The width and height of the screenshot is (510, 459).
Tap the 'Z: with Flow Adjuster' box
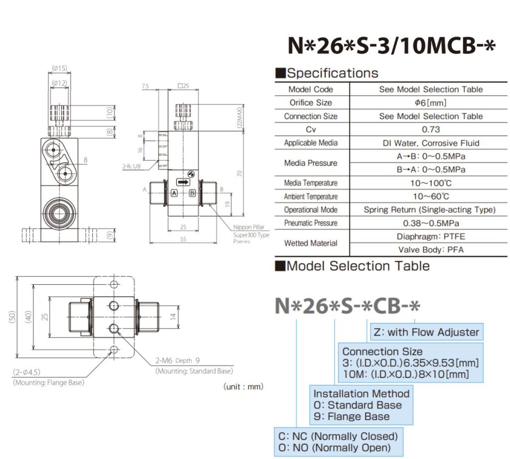click(x=426, y=332)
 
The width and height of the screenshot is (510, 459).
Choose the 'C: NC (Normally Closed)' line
click(x=338, y=436)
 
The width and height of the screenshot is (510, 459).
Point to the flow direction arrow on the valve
click(x=183, y=183)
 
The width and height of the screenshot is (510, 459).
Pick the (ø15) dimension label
click(x=59, y=69)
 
